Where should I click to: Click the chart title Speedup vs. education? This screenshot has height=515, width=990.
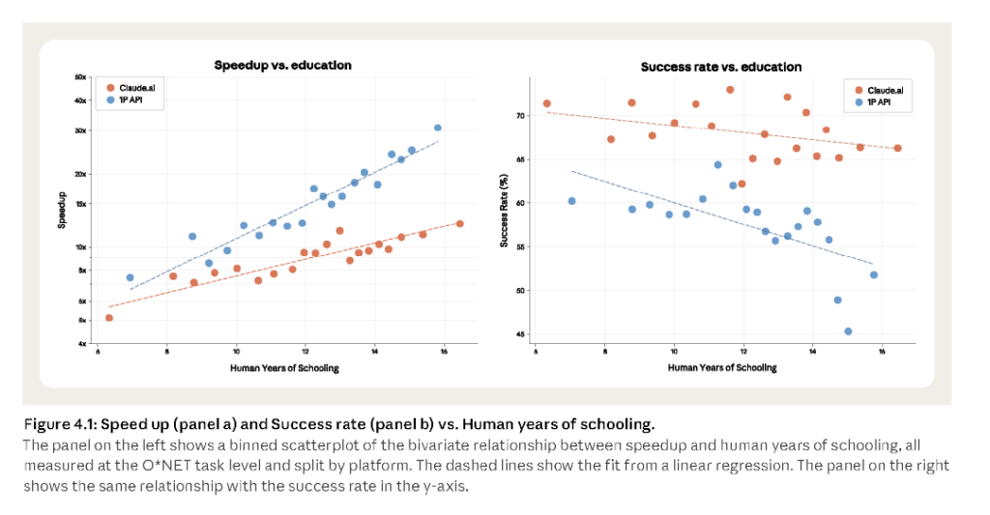click(x=282, y=65)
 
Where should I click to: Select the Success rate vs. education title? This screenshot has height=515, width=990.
click(x=720, y=67)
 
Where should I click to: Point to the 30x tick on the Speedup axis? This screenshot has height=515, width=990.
click(x=82, y=129)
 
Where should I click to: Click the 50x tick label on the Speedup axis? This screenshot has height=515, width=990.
click(x=82, y=76)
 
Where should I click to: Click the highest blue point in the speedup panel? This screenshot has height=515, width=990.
click(x=437, y=128)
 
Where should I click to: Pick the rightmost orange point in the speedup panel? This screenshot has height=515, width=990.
click(x=460, y=223)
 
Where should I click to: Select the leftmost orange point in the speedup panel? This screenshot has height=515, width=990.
click(x=109, y=317)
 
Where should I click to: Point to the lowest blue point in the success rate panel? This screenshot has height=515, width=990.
click(x=848, y=331)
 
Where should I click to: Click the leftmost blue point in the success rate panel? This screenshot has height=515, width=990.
click(x=571, y=201)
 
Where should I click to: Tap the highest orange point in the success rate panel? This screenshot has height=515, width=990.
click(x=730, y=90)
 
